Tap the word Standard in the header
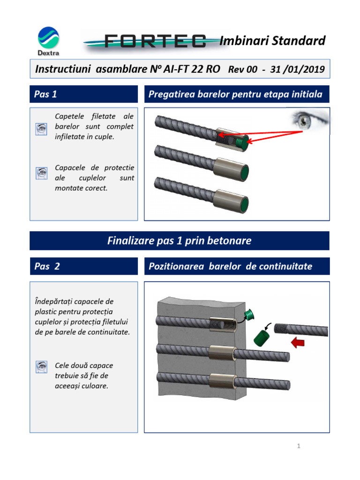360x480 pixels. pyautogui.click(x=299, y=41)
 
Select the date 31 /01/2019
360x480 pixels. pyautogui.click(x=298, y=69)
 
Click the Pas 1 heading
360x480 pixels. pyautogui.click(x=45, y=94)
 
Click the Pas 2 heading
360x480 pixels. pyautogui.click(x=47, y=266)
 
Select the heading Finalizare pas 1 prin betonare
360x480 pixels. pyautogui.click(x=180, y=241)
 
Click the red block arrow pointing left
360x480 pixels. pyautogui.click(x=297, y=343)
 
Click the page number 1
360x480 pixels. pyautogui.click(x=298, y=446)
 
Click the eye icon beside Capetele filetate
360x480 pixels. pyautogui.click(x=41, y=129)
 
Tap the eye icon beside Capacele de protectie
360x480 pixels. pyautogui.click(x=41, y=173)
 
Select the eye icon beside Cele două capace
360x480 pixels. pyautogui.click(x=41, y=367)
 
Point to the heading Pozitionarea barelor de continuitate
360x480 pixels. pyautogui.click(x=230, y=266)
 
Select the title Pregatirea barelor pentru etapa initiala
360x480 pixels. pyautogui.click(x=235, y=94)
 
